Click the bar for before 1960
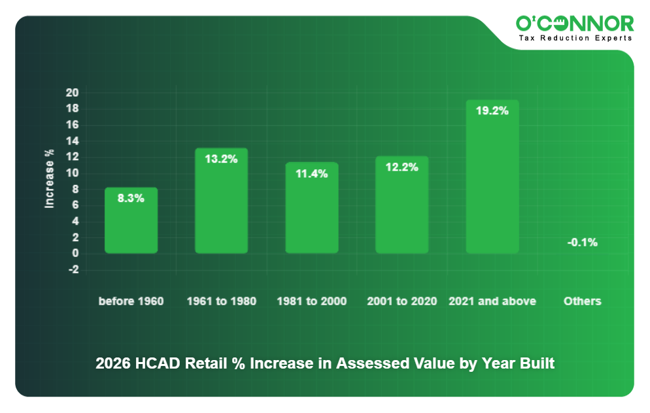click(131, 222)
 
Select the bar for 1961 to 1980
click(221, 203)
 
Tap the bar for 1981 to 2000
click(311, 209)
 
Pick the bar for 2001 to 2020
click(402, 206)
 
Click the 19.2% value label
click(492, 111)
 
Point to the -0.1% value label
click(582, 242)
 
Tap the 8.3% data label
click(131, 199)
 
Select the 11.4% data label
click(311, 174)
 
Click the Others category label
click(582, 301)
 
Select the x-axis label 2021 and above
click(492, 301)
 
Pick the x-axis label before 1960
click(131, 301)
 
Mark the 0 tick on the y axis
click(75, 254)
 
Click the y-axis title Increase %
click(49, 179)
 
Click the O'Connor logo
click(574, 24)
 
